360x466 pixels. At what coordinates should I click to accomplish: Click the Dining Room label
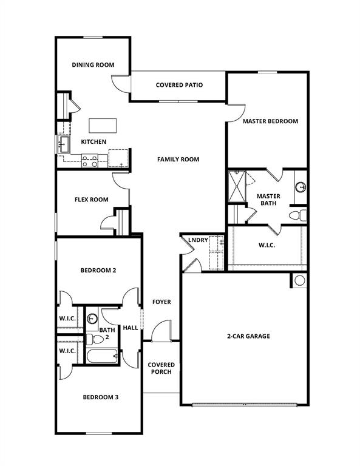coord(93,65)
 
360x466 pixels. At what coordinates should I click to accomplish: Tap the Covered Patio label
coord(179,85)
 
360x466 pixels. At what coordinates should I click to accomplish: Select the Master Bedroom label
coord(270,121)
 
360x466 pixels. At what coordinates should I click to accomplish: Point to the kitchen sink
coord(63,145)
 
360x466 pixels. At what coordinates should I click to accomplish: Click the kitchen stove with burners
coord(90,161)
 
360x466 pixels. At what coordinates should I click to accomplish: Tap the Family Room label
coord(178,160)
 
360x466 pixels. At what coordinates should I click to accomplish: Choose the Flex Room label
coord(92,200)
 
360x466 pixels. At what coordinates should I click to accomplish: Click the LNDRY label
coord(198,240)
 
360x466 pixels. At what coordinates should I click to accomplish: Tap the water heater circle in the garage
coord(299,280)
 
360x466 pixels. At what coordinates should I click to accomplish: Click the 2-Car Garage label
coord(248,336)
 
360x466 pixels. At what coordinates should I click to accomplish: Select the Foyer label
coord(161,302)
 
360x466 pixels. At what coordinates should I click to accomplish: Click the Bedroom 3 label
coord(100,397)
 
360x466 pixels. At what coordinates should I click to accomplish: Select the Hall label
coord(131,328)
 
